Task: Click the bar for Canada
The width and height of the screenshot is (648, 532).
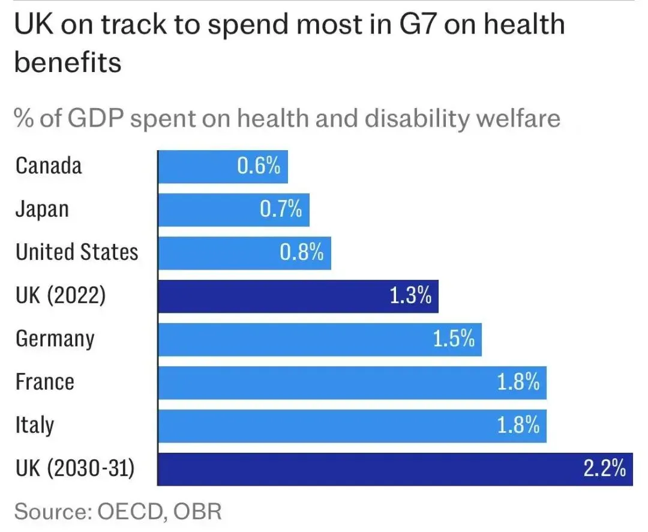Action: pos(223,166)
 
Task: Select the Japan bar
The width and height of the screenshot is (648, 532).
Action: pos(233,210)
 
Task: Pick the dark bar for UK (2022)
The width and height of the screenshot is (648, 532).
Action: pos(298,296)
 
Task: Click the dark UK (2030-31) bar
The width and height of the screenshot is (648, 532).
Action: pos(395,469)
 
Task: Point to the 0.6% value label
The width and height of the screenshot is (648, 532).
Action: pos(259,166)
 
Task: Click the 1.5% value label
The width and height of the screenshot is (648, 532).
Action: pos(454,340)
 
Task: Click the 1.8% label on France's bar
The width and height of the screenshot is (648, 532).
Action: pos(518,382)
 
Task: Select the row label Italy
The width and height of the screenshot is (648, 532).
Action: pos(35,426)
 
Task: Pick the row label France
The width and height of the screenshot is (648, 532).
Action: pos(45,382)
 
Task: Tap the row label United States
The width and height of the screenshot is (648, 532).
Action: pos(77,253)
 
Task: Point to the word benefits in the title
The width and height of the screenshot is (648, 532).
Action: pos(68,62)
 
